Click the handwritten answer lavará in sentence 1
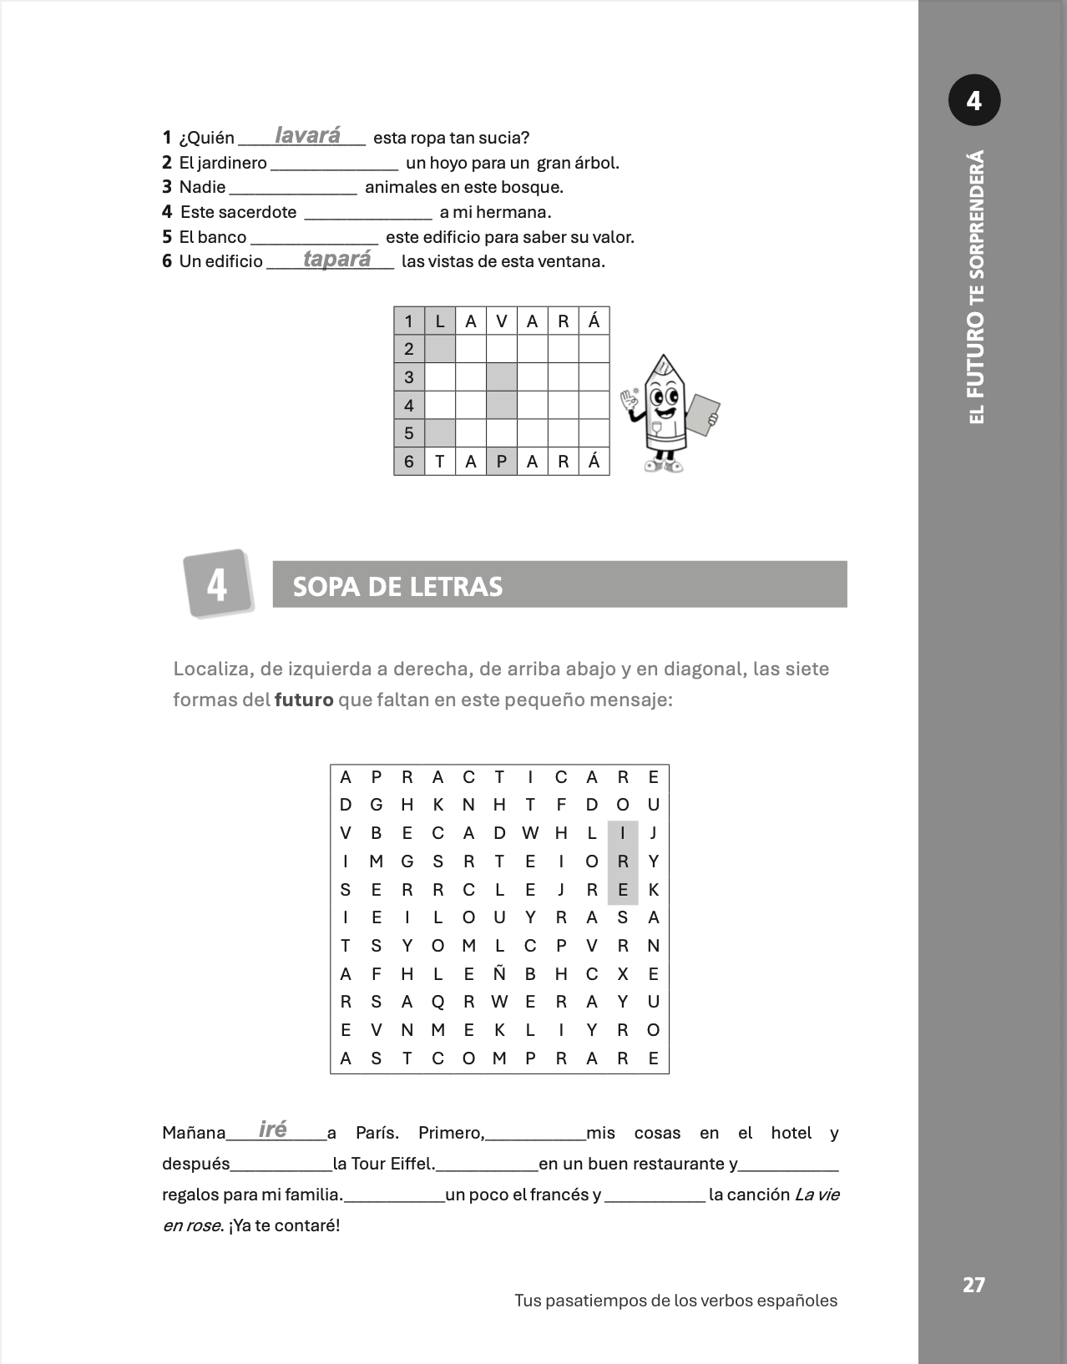point(307,135)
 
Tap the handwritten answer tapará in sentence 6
point(336,259)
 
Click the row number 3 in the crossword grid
point(409,377)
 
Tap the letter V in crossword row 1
point(501,321)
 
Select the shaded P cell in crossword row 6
point(501,462)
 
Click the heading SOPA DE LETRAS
point(397,587)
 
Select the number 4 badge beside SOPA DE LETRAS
point(217,583)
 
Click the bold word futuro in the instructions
point(304,700)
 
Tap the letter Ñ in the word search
point(499,973)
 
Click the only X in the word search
point(623,973)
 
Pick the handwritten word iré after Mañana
point(273,1129)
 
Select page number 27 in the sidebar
point(973,1285)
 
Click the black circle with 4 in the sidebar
point(974,101)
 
